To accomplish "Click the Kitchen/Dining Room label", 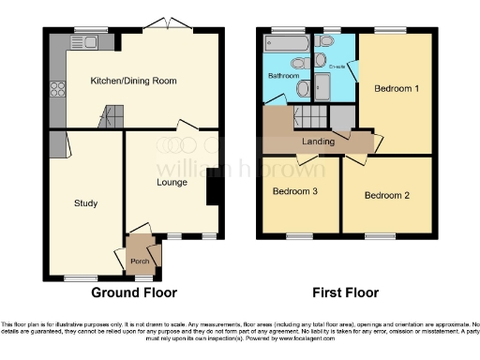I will tap(133, 82).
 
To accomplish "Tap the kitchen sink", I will tap(89, 42).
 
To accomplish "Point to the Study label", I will tap(86, 202).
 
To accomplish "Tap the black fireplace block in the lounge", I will tap(213, 191).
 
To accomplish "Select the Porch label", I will tap(140, 261).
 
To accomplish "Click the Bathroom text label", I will tap(283, 75).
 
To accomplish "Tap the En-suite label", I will tap(338, 67).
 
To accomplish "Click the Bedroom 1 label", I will tap(397, 88).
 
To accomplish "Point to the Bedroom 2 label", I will tap(387, 196).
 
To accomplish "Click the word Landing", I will tap(318, 142).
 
